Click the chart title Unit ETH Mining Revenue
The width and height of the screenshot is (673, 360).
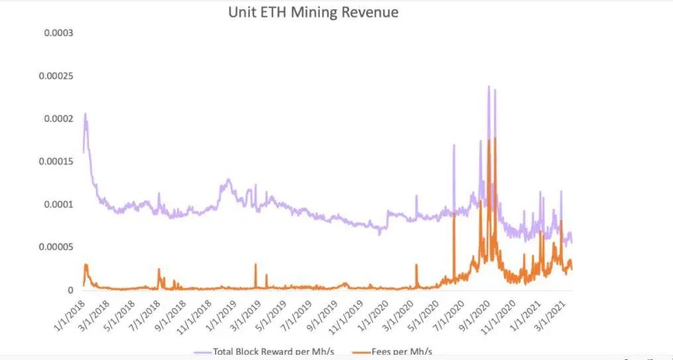pyautogui.click(x=313, y=12)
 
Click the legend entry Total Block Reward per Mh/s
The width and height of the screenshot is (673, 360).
pyautogui.click(x=273, y=351)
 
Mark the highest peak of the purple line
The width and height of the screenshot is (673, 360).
pyautogui.click(x=489, y=86)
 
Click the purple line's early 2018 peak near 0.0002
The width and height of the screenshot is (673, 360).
pyautogui.click(x=86, y=114)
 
